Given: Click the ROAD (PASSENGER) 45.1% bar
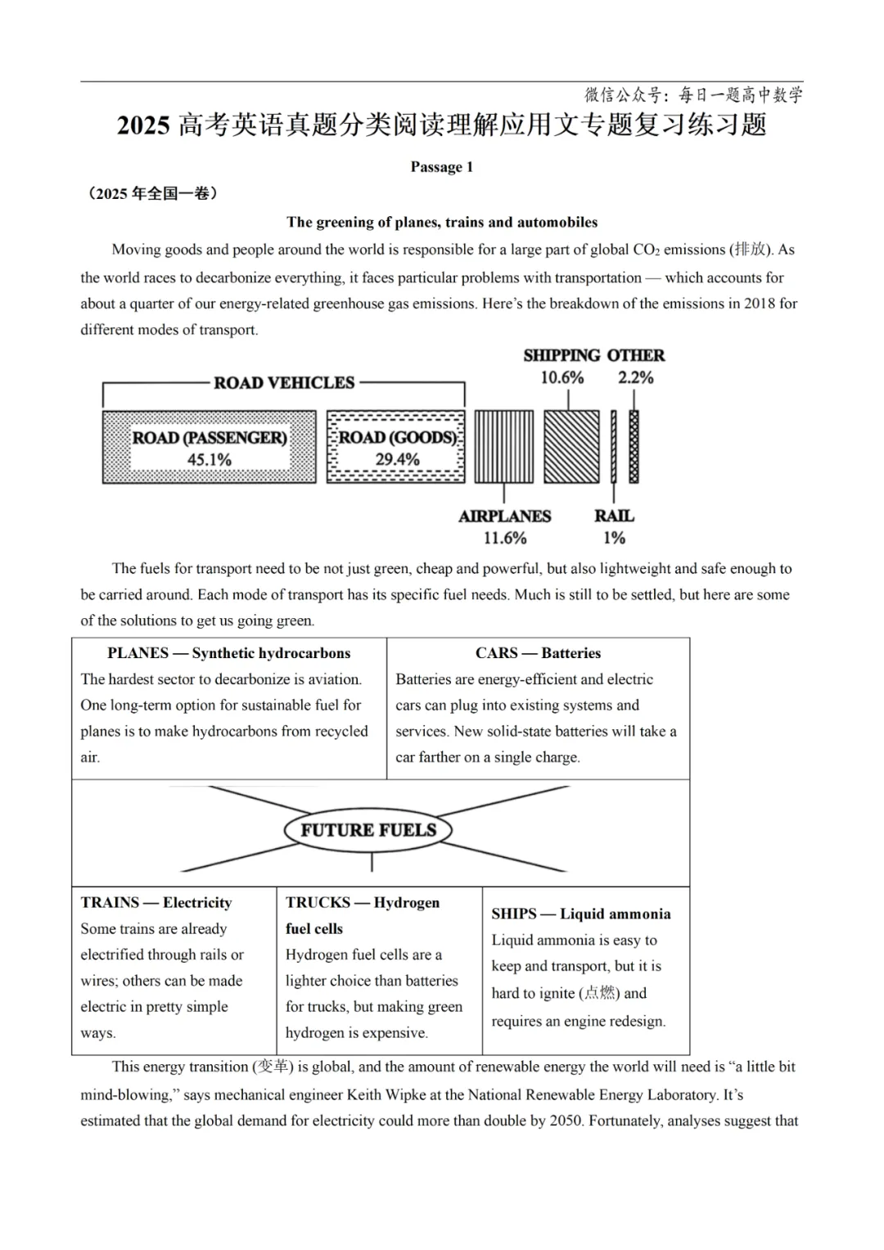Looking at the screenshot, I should point(209,447).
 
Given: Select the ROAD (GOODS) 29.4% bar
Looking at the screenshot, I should point(395,447).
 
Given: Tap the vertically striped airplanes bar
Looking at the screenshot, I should point(503,447).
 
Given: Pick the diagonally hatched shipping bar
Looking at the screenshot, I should point(571,447).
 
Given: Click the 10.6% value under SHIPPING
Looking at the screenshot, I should point(562,378).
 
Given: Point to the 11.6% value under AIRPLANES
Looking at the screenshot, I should point(504,538).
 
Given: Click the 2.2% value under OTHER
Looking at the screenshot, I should point(636,378).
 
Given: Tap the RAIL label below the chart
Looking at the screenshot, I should point(614,516).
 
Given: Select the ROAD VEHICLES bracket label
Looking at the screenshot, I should point(284,383).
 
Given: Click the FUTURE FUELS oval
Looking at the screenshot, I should point(368,830).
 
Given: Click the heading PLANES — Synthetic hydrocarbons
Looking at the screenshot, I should point(228,653).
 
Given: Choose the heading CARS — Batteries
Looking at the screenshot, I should point(538,653).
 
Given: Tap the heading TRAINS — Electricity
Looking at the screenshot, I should point(156,903).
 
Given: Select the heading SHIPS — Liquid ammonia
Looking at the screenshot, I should point(580,914).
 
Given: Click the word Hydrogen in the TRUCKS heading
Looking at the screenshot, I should point(407,903).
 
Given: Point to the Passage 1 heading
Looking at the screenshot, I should point(441,167).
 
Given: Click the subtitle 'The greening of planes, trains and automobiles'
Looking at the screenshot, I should point(442,223).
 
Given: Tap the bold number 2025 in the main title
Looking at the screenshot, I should point(143,125).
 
